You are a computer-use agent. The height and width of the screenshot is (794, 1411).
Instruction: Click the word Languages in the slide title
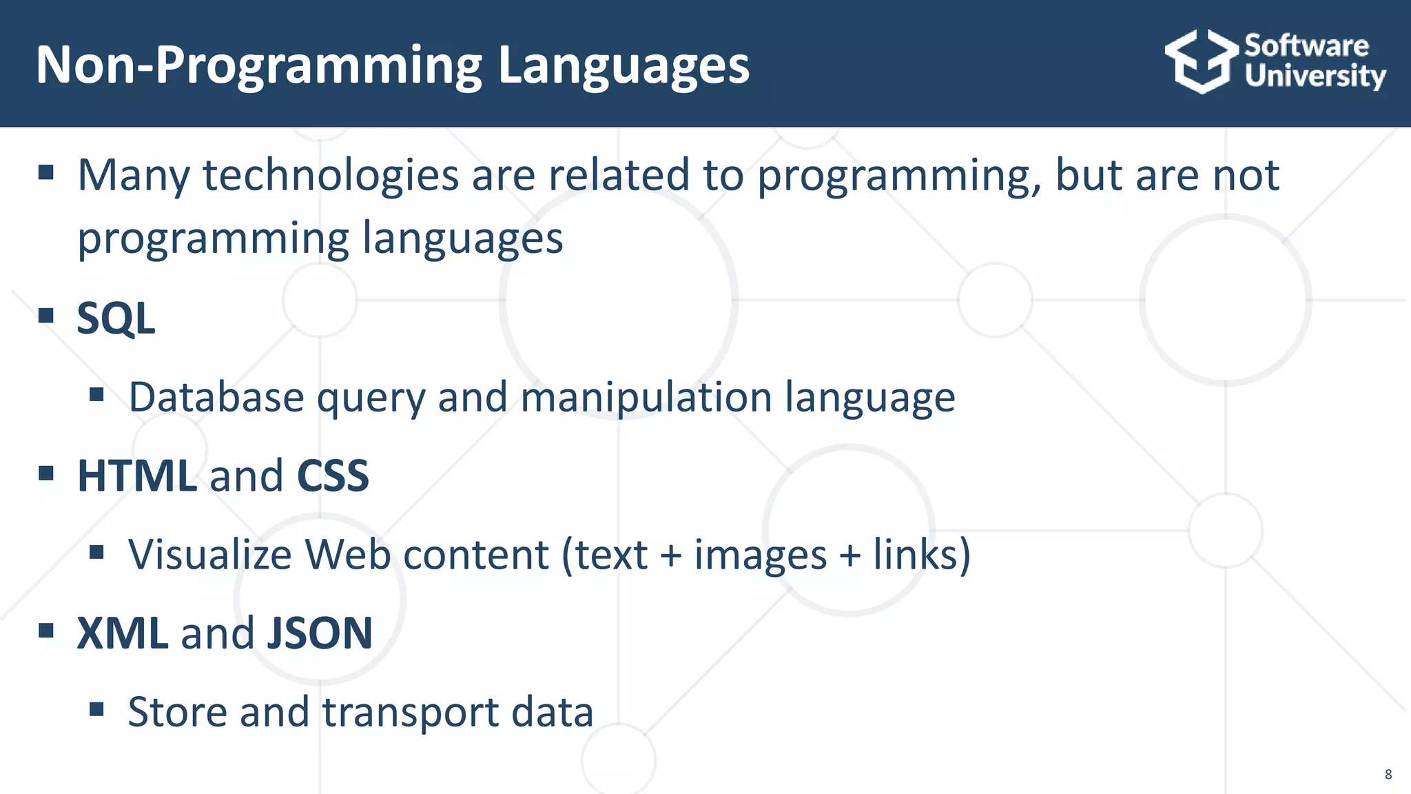pyautogui.click(x=623, y=65)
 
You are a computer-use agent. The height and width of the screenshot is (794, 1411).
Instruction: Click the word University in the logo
pyautogui.click(x=1315, y=76)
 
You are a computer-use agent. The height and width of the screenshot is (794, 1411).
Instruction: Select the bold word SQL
pyautogui.click(x=116, y=318)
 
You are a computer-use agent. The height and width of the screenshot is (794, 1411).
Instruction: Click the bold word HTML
pyautogui.click(x=137, y=476)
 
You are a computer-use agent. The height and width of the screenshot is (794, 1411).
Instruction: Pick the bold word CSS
pyautogui.click(x=333, y=476)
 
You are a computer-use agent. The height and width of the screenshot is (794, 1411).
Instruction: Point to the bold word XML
pyautogui.click(x=122, y=633)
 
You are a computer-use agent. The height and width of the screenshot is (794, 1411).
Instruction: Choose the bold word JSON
pyautogui.click(x=320, y=633)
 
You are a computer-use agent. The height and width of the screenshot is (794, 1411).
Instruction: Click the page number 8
pyautogui.click(x=1388, y=775)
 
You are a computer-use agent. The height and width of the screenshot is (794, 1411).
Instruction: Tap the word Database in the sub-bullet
pyautogui.click(x=216, y=398)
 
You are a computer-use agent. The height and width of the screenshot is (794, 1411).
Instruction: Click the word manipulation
pyautogui.click(x=646, y=398)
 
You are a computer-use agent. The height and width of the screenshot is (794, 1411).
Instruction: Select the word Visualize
pyautogui.click(x=210, y=555)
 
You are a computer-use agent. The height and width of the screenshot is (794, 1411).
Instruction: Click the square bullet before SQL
pyautogui.click(x=46, y=316)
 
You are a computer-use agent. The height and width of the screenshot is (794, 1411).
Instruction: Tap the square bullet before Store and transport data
pyautogui.click(x=96, y=709)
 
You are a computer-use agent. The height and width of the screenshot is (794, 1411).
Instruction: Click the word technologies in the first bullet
pyautogui.click(x=331, y=175)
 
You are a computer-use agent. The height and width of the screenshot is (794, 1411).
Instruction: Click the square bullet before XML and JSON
pyautogui.click(x=46, y=630)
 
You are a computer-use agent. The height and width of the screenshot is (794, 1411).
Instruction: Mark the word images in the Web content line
pyautogui.click(x=760, y=555)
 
